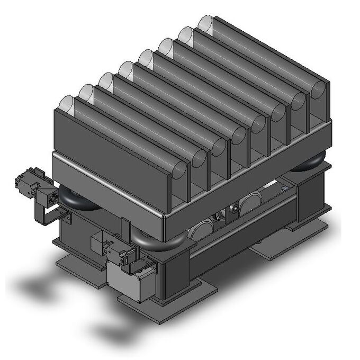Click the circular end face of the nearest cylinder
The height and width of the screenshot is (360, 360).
coord(179,172)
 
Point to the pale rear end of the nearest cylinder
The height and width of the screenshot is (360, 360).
coord(66,104)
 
